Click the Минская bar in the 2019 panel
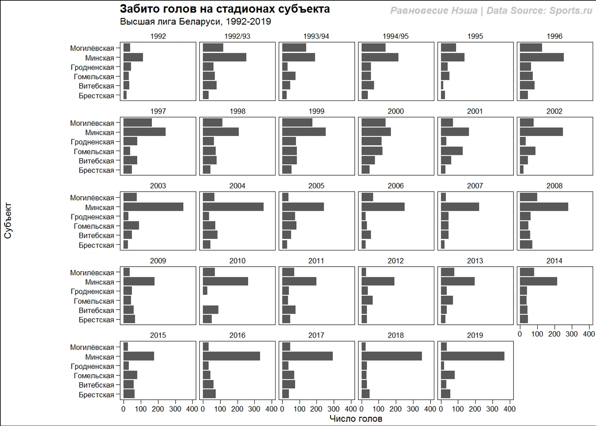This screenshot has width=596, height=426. pos(472,357)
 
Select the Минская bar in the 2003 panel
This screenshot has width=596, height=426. pos(153,207)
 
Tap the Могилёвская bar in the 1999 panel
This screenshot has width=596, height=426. pos(297,123)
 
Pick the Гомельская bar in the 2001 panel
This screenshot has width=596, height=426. pos(451,151)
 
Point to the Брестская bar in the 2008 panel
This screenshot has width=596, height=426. pos(526,245)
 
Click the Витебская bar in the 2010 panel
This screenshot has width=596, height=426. pos(210,310)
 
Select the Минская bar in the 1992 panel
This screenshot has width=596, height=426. pos(133,58)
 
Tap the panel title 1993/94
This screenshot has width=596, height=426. pos(316,36)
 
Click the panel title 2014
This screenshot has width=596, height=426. pos(554,261)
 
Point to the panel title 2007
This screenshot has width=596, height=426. pos(475,186)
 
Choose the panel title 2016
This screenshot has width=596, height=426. pos(237,335)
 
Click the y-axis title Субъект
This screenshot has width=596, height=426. pos(8,221)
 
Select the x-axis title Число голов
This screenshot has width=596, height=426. pos(356,419)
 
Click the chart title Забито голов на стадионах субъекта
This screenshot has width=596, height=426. pos(225,9)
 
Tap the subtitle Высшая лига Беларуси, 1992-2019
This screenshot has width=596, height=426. pos(195,22)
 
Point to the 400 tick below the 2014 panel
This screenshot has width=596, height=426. pos(589,334)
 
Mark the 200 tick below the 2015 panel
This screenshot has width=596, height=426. pos(158,409)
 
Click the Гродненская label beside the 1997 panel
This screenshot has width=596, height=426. pos(92,142)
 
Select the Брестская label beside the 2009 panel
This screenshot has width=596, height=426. pos(96,319)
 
